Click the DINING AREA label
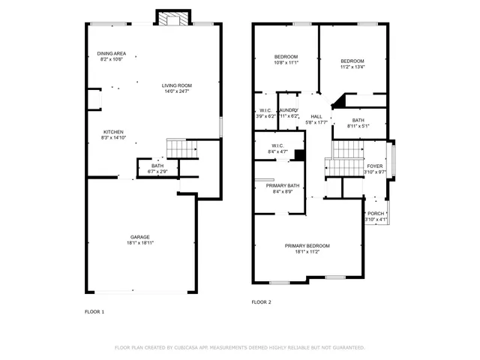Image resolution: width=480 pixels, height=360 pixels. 111,54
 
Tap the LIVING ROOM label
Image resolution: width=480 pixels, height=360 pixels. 177,85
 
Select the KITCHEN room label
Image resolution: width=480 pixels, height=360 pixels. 113,132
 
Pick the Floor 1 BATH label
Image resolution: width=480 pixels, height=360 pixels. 157,166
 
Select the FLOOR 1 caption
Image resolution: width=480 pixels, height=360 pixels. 94,310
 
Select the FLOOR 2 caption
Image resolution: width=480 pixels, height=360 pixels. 261,302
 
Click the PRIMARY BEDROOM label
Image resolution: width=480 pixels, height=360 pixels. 307,246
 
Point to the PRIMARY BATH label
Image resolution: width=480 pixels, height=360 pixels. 283,185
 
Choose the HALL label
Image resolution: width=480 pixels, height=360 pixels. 316,116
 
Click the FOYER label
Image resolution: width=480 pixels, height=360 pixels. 374,166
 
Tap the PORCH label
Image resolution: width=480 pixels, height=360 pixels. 376,213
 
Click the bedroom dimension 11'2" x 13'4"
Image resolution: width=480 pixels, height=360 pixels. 352,67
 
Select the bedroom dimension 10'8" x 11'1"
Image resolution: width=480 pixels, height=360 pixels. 286,63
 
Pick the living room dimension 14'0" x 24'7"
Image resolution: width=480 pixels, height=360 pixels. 177,91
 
